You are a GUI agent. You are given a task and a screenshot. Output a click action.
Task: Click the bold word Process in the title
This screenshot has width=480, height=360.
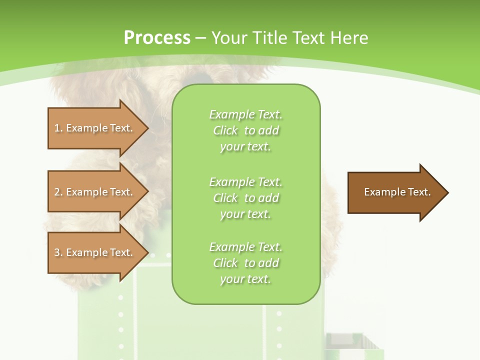tap(157, 38)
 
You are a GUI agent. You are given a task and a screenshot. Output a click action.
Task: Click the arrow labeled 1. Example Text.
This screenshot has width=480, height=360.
tap(95, 128)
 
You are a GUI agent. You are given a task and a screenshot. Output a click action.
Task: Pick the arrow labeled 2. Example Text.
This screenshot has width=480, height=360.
tap(95, 192)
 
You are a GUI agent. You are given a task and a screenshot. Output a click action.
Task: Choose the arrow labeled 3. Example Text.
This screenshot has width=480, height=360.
tap(95, 252)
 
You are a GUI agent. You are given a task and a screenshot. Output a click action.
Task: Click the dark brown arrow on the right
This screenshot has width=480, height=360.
tap(395, 192)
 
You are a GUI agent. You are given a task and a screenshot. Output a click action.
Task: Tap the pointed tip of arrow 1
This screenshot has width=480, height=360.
tap(147, 128)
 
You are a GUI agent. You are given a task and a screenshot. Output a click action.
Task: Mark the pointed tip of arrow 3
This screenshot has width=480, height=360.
tap(147, 252)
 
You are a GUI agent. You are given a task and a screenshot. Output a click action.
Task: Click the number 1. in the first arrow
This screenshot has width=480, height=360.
tap(58, 128)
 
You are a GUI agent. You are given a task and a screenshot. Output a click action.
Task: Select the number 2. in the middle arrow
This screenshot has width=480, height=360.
tap(58, 192)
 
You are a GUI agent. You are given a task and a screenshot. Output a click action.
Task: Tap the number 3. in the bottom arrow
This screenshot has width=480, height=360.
tap(58, 252)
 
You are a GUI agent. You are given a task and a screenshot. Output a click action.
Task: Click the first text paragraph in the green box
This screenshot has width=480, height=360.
tap(245, 130)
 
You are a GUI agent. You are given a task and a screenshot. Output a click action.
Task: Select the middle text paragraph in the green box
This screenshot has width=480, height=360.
tap(245, 198)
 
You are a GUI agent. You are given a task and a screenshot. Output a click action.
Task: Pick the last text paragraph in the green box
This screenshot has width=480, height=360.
tap(245, 263)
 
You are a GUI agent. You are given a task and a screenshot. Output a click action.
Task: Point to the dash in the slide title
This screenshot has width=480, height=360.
tap(201, 38)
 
